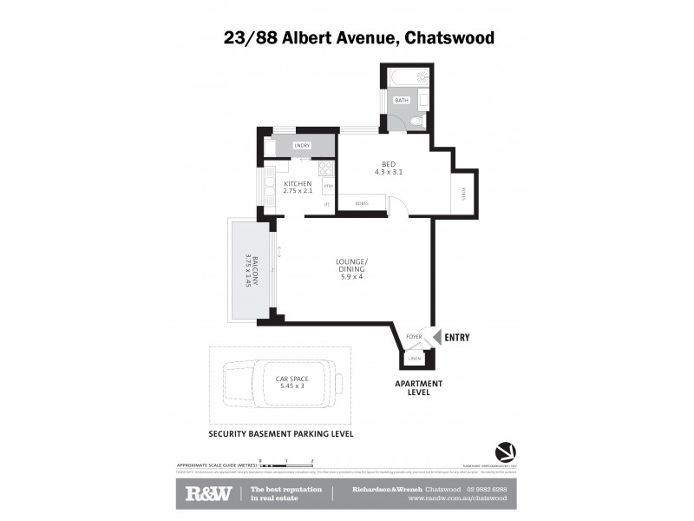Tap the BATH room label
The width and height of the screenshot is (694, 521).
(401, 101)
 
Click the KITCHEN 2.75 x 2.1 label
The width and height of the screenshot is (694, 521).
(298, 187)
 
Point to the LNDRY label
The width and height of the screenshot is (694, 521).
(302, 145)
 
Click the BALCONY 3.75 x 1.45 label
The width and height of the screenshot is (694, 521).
(247, 271)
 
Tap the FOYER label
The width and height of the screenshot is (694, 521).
(415, 336)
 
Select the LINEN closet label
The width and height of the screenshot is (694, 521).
(415, 357)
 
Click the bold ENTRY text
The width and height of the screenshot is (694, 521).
(457, 337)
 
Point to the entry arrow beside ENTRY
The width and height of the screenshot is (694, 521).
(437, 337)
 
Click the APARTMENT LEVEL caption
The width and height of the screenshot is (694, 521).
(419, 387)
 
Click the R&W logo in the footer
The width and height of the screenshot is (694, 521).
(208, 494)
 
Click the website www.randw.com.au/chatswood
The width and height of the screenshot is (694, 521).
(457, 498)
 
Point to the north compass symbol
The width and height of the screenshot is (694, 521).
(504, 452)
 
